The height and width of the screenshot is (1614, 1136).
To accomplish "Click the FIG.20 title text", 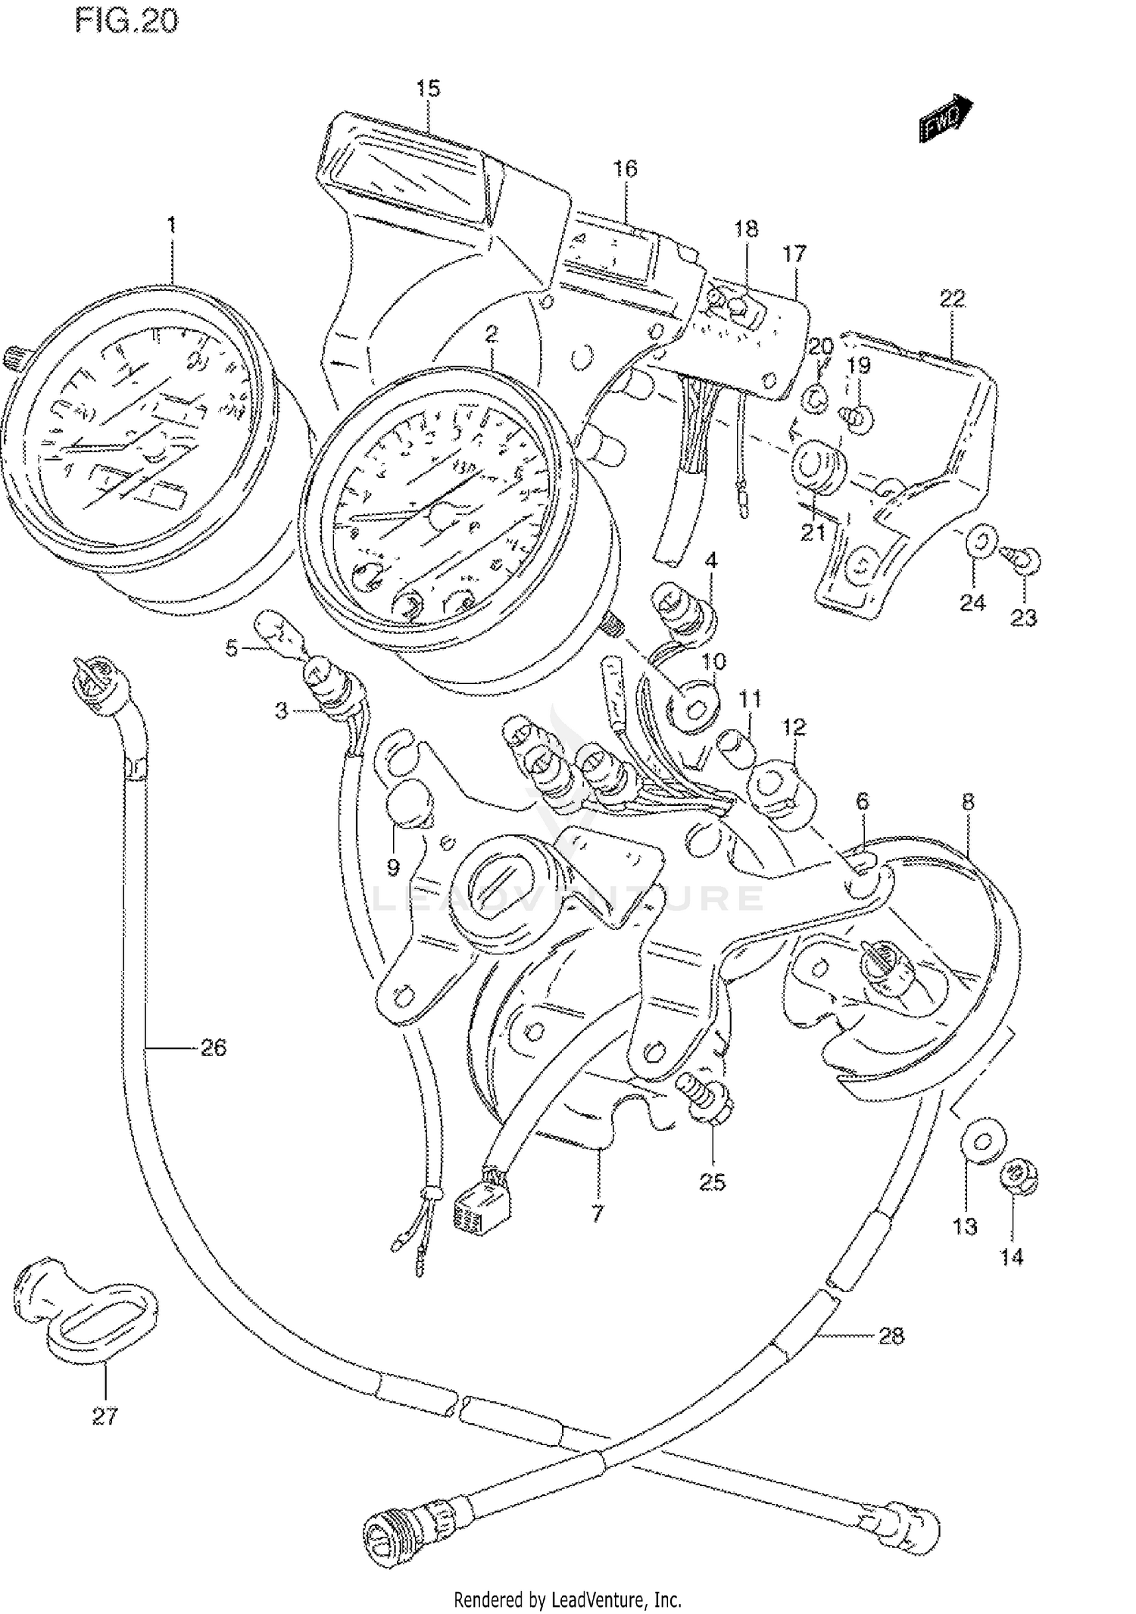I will (126, 20).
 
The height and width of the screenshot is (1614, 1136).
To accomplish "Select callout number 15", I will (428, 89).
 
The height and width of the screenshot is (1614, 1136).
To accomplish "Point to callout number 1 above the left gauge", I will (172, 224).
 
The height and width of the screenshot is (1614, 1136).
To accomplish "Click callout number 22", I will (952, 299).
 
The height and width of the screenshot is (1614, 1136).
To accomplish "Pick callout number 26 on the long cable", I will (213, 1047).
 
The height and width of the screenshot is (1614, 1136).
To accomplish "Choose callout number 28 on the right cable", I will (891, 1335).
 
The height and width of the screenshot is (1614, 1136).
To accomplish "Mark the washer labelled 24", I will (979, 542).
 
